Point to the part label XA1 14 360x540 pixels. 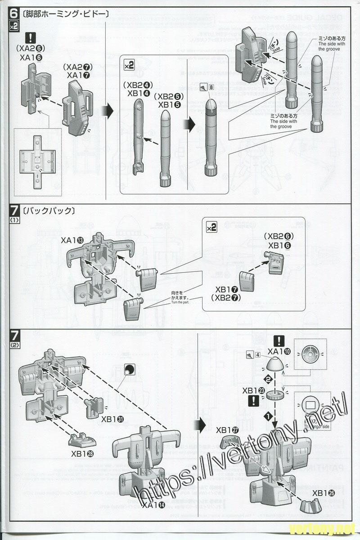pos(153,505)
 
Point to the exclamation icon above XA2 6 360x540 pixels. pos(30,38)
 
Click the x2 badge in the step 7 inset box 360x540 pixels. pos(211,228)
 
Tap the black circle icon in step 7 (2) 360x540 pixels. pos(129,369)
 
